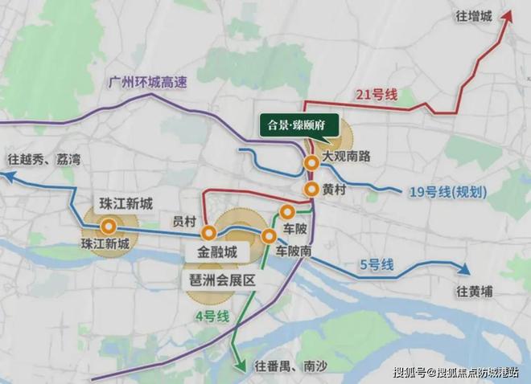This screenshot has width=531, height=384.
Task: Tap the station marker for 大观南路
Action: click(311, 163)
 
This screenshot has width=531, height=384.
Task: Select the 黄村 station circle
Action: click(311, 190)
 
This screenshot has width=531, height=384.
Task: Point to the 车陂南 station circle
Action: click(270, 235)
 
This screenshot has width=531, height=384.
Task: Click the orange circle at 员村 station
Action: click(208, 233)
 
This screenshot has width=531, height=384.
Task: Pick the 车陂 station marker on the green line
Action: click(286, 212)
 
